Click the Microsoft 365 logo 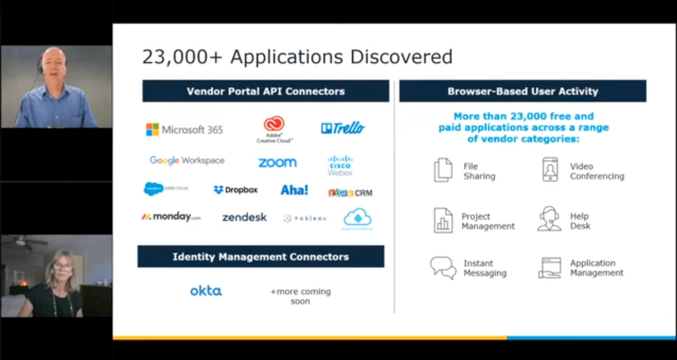point(185,130)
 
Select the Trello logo point(343,128)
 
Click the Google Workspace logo point(187,160)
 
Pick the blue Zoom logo point(277,163)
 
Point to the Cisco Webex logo point(340,165)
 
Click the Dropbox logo point(236,190)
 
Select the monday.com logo point(170,217)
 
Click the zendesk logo point(244,217)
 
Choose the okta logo point(206,291)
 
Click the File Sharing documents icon point(443,170)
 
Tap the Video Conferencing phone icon point(550,170)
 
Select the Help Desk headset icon point(550,219)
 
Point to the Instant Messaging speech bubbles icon point(443,267)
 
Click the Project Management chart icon point(443,220)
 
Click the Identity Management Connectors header point(261,257)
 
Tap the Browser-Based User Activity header point(523,91)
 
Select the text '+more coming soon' point(300,296)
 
